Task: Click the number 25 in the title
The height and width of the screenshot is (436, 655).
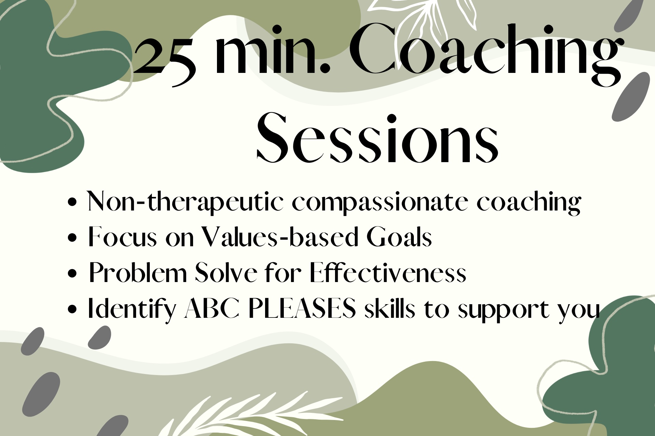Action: point(165,56)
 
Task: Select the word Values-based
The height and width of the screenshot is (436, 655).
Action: point(279,236)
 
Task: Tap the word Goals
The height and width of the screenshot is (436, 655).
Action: point(399,236)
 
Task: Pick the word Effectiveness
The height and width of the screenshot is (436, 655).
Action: point(388,272)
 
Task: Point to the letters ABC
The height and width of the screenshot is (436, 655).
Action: point(211,308)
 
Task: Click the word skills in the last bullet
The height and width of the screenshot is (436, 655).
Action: point(390,308)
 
